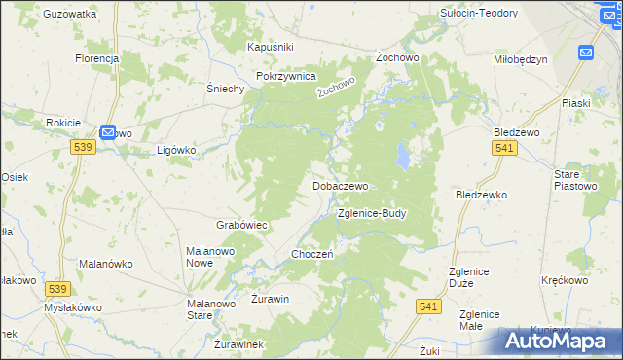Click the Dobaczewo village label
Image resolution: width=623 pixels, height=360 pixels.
pyautogui.click(x=340, y=185)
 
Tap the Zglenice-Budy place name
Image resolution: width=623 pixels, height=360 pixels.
pyautogui.click(x=370, y=212)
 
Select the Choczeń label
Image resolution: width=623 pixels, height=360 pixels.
pyautogui.click(x=312, y=254)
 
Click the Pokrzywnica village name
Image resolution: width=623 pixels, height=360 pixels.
pyautogui.click(x=285, y=76)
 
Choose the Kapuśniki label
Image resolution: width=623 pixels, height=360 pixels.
pyautogui.click(x=271, y=47)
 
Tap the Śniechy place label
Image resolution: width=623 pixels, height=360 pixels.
pyautogui.click(x=225, y=88)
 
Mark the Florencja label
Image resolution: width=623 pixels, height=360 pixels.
pyautogui.click(x=96, y=58)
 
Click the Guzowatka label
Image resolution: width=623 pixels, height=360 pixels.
pyautogui.click(x=70, y=15)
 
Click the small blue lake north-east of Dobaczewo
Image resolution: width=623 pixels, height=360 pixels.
pyautogui.click(x=401, y=153)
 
